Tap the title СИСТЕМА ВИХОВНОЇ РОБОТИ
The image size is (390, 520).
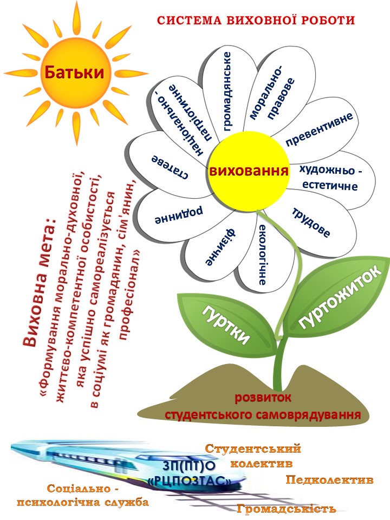tap(256, 21)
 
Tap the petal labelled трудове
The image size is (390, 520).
tap(312, 223)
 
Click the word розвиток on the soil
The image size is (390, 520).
tap(263, 399)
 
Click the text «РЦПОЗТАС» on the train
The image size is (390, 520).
tap(189, 480)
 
